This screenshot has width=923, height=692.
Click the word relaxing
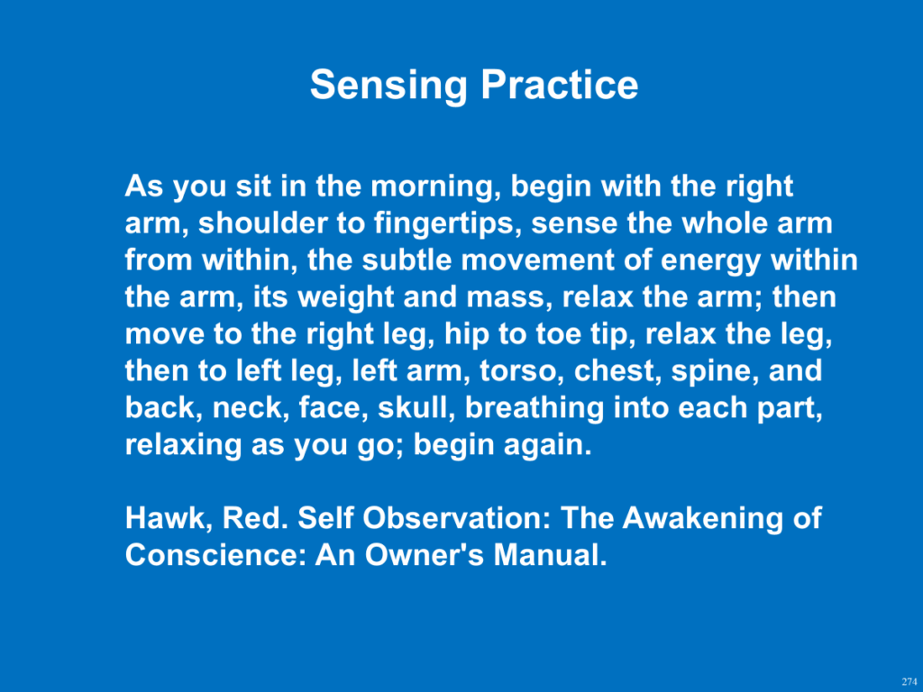[x=183, y=445]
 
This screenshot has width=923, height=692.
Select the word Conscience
[x=215, y=555]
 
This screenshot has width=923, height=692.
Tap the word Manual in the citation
[x=550, y=555]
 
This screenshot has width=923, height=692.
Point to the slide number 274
[x=909, y=681]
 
